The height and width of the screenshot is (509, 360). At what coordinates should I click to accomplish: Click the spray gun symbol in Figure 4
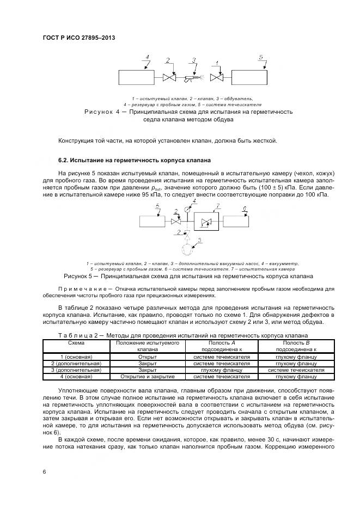tap(191, 78)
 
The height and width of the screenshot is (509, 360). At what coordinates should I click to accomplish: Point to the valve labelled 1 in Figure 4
tap(217, 78)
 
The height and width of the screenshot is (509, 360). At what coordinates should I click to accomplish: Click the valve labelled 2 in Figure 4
tap(168, 78)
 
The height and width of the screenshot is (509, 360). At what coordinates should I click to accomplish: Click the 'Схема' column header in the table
tap(76, 344)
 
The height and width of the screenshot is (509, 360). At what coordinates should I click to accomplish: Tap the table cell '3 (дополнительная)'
tap(76, 370)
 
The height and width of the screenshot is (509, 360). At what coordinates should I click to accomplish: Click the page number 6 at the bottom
tap(44, 471)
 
